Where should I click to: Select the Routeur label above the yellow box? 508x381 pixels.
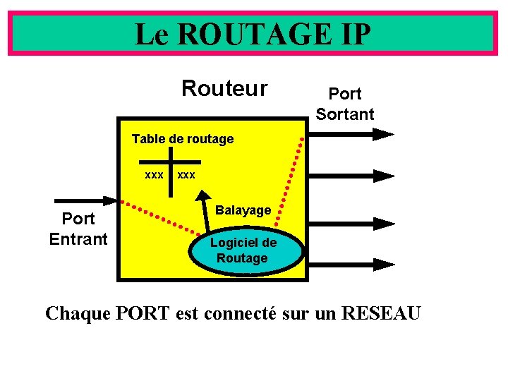pyautogui.click(x=224, y=89)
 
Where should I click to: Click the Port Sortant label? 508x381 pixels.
pyautogui.click(x=345, y=104)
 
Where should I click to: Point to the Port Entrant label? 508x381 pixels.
pyautogui.click(x=78, y=229)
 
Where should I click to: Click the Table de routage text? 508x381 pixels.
pyautogui.click(x=183, y=139)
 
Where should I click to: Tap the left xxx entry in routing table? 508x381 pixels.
pyautogui.click(x=154, y=174)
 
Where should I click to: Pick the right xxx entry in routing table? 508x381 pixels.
pyautogui.click(x=187, y=174)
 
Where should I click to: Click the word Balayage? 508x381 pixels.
pyautogui.click(x=243, y=210)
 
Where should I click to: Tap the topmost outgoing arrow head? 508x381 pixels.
pyautogui.click(x=384, y=133)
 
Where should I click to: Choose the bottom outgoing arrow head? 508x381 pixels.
pyautogui.click(x=384, y=265)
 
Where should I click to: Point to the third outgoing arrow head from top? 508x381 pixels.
pyautogui.click(x=384, y=224)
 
